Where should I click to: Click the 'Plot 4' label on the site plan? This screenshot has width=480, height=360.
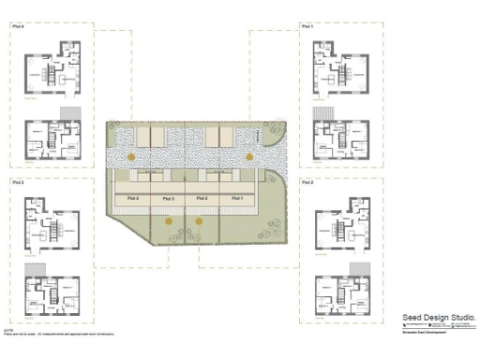[132, 199]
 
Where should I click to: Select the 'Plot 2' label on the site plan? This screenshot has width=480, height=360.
[202, 199]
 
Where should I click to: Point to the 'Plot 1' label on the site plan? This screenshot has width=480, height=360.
[236, 199]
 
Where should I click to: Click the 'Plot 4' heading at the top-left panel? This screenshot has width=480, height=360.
[18, 27]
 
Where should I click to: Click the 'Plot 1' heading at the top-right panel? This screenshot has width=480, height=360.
[307, 27]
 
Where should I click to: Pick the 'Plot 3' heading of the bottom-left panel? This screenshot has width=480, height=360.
[18, 181]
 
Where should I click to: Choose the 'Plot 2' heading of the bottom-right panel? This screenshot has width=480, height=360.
[307, 181]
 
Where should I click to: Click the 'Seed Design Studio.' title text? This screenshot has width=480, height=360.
[439, 318]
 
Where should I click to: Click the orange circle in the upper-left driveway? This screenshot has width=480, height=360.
[132, 156]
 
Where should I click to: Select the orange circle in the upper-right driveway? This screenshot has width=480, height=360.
[249, 156]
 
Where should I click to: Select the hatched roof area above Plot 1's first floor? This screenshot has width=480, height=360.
[327, 112]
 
